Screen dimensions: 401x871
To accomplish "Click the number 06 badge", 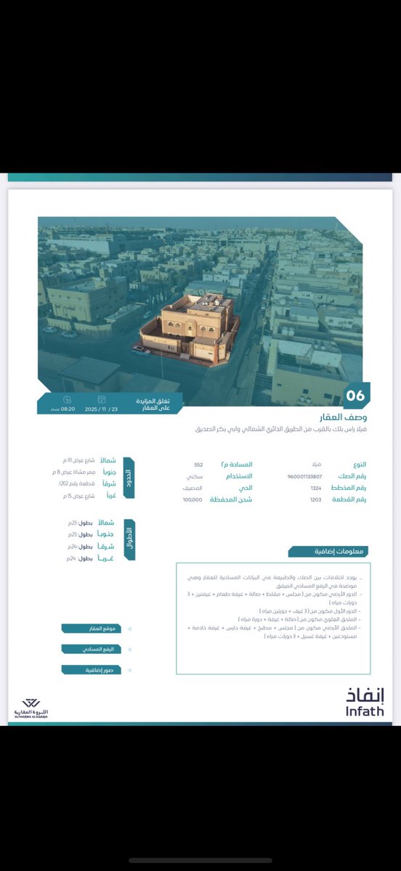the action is pos(355,396).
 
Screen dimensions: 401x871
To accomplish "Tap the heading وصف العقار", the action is pos(344,417).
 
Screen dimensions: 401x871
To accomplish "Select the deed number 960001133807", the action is pos(305,476).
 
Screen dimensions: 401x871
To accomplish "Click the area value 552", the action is pos(198,465).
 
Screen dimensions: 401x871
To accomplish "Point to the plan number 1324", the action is pos(316,488).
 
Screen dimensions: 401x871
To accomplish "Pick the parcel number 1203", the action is pos(316,500).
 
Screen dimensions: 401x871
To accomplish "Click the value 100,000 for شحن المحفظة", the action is pos(193,500).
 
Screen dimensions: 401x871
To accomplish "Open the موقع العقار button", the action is pos(91,629).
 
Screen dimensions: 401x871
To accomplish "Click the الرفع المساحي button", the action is pos(91,649).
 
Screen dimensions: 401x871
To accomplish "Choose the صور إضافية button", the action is pos(91,670).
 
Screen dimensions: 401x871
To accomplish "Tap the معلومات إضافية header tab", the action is pos(341,552).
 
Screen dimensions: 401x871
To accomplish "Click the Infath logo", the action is pos(365,703).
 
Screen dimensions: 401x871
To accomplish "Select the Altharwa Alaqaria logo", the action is pos(31,708).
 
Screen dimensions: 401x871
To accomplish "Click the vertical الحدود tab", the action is pos(129,478).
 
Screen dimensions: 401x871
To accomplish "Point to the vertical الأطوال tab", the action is pos(129,539).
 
